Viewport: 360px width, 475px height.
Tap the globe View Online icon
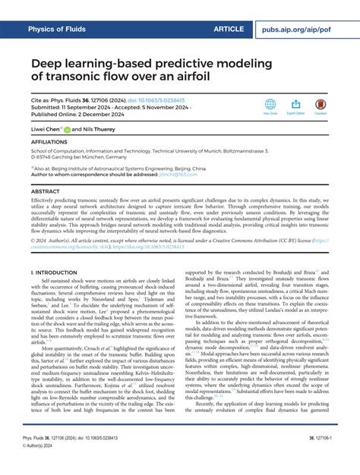coord(270,105)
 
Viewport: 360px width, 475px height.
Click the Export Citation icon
coord(295,105)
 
